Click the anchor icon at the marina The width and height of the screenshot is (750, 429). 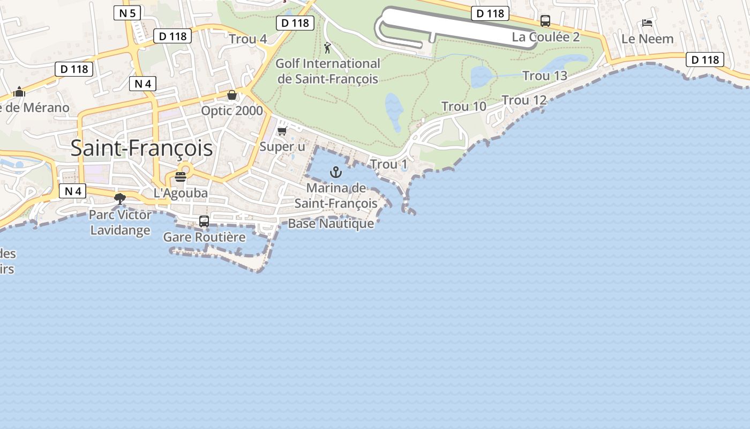pos(335,172)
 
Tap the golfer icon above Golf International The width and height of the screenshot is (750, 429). pos(327,48)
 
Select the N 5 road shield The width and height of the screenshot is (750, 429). pos(127,13)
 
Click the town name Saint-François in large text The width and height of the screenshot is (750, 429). pos(141,149)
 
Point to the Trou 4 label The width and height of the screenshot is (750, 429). pos(247,39)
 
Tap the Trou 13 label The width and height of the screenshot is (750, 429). pos(544,76)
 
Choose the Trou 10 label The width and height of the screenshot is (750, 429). pos(464,107)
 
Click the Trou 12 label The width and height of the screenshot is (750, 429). pos(524,100)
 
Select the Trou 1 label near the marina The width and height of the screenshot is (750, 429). pos(389,165)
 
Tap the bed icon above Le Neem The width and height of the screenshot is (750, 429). pos(647,23)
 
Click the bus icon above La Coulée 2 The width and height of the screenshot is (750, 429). pos(545,21)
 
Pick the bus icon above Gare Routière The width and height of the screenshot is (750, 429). pos(204,221)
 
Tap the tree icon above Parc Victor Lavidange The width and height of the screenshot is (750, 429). pos(120,199)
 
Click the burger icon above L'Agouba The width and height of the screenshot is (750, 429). pos(181,177)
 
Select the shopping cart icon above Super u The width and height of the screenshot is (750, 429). pos(282,131)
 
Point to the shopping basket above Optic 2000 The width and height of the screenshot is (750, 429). pos(232,95)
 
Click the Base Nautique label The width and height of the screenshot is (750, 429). pos(331,224)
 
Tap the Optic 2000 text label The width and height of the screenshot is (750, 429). pos(232,111)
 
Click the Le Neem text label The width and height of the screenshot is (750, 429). pos(647,39)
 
